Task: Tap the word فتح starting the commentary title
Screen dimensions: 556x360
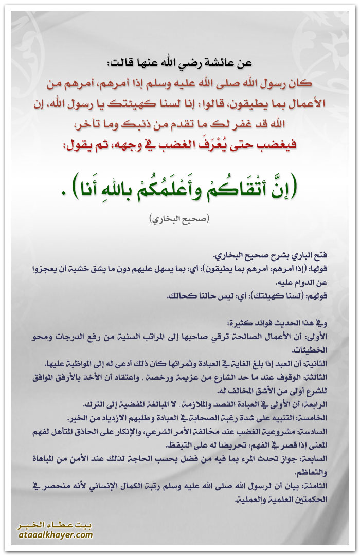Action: [x=321, y=255]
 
